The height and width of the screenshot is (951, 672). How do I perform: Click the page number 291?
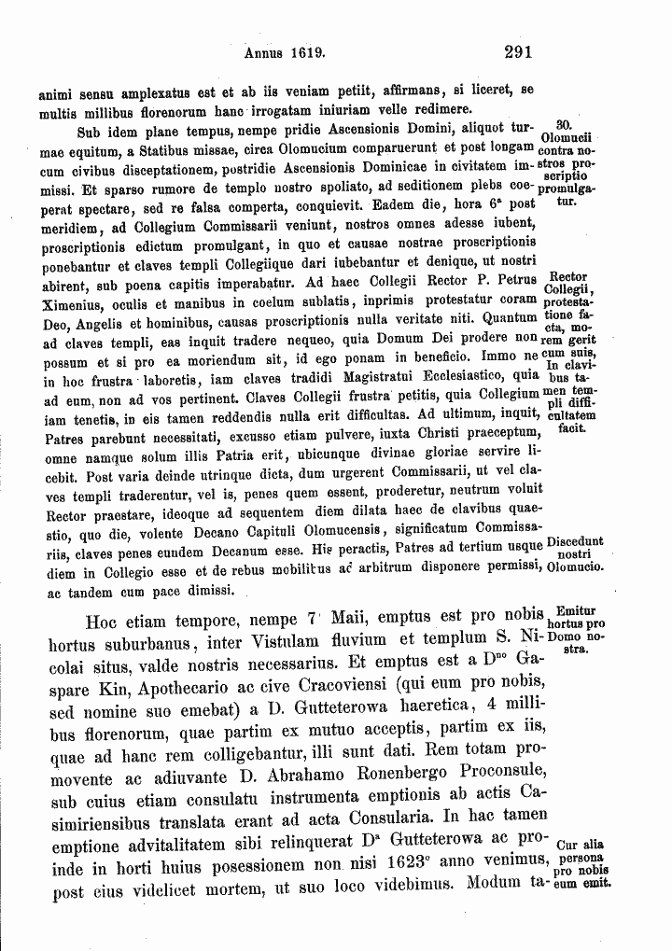(516, 53)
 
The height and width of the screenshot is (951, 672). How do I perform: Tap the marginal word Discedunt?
(575, 541)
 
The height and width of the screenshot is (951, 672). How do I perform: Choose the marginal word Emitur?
(573, 611)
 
